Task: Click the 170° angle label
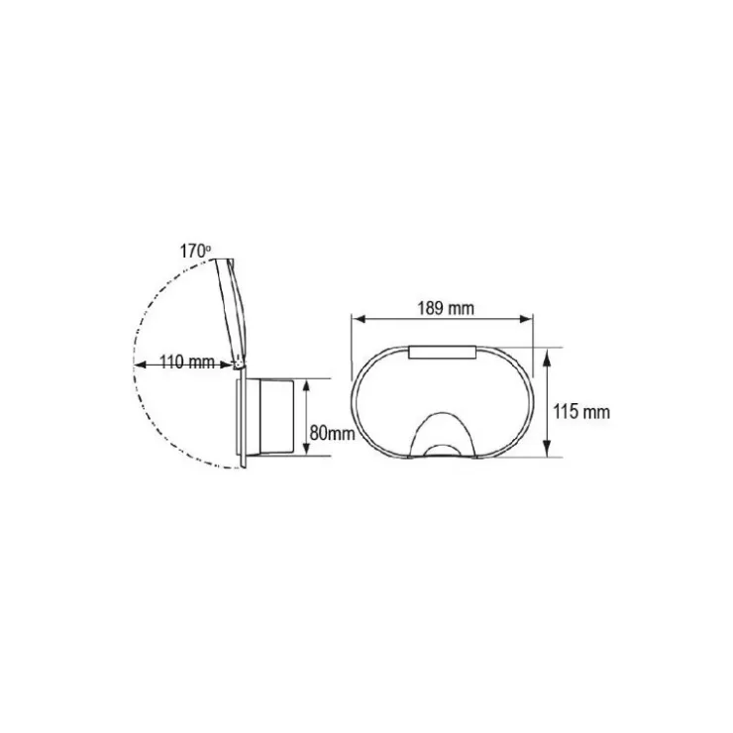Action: [x=195, y=252]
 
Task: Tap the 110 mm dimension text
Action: [x=187, y=363]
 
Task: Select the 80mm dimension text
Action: [x=332, y=433]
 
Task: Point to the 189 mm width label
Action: [x=446, y=308]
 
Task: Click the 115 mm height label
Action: [x=581, y=412]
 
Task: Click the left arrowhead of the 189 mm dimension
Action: [x=359, y=319]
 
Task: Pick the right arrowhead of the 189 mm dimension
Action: [x=526, y=319]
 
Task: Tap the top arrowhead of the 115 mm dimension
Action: [x=548, y=355]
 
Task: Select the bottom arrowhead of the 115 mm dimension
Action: [x=548, y=450]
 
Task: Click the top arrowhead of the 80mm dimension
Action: [x=306, y=385]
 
